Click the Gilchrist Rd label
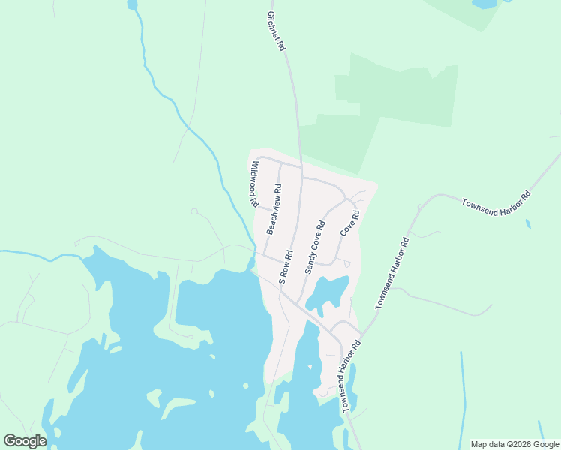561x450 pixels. point(276,30)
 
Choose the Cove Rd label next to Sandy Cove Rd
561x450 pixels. point(350,223)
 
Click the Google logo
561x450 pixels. point(25,441)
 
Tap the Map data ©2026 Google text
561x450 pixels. point(514,444)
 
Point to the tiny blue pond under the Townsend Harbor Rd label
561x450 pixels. point(528,223)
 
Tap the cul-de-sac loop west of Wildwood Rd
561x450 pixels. point(193,212)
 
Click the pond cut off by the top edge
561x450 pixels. point(484,4)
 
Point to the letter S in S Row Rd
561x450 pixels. point(283,278)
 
